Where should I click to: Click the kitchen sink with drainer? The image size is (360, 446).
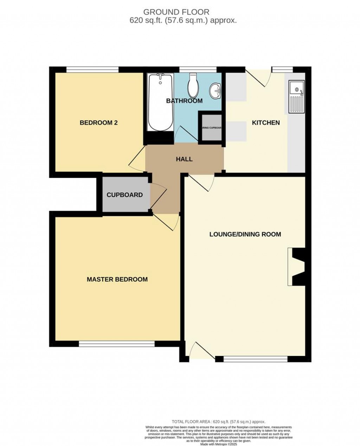(296, 96)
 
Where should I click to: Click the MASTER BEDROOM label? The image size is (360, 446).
(117, 279)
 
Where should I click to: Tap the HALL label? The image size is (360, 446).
(184, 159)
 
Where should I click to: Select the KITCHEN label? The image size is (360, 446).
(266, 123)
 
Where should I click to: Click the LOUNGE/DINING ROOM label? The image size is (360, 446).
(245, 234)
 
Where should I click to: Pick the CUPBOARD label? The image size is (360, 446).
(124, 195)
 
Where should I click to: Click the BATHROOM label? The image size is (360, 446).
(184, 101)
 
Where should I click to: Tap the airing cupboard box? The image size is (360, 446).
(211, 128)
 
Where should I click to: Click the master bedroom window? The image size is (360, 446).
(116, 343)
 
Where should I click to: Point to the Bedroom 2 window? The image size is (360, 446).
(92, 70)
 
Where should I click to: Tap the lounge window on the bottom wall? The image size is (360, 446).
(256, 359)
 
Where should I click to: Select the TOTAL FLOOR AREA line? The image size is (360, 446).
(218, 421)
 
